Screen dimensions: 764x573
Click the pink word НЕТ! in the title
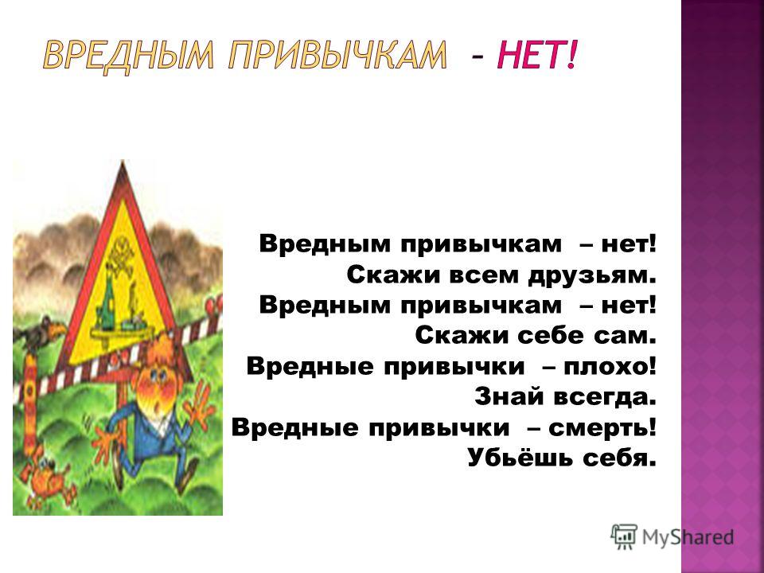click(536, 54)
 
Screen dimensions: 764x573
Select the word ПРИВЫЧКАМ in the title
click(337, 56)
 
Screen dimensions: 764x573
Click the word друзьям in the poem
click(592, 276)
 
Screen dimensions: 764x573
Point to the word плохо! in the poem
click(610, 366)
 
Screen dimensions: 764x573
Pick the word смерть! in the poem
click(602, 427)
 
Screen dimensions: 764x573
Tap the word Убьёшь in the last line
click(520, 458)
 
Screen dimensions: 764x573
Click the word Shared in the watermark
click(704, 537)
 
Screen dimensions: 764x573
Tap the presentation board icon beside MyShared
click(624, 536)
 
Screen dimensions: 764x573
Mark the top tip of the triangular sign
click(123, 160)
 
